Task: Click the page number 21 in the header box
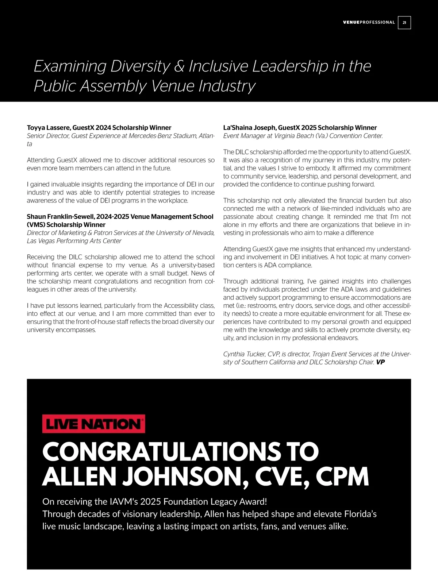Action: pyautogui.click(x=404, y=23)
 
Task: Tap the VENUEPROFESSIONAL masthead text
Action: pyautogui.click(x=369, y=23)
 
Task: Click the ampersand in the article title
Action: pyautogui.click(x=179, y=66)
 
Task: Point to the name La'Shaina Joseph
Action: pyautogui.click(x=250, y=128)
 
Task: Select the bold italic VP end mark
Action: pyautogui.click(x=380, y=362)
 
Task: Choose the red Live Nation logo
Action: pyautogui.click(x=93, y=424)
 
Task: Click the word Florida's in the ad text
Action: pyautogui.click(x=360, y=514)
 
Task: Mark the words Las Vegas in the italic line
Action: pyautogui.click(x=41, y=241)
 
